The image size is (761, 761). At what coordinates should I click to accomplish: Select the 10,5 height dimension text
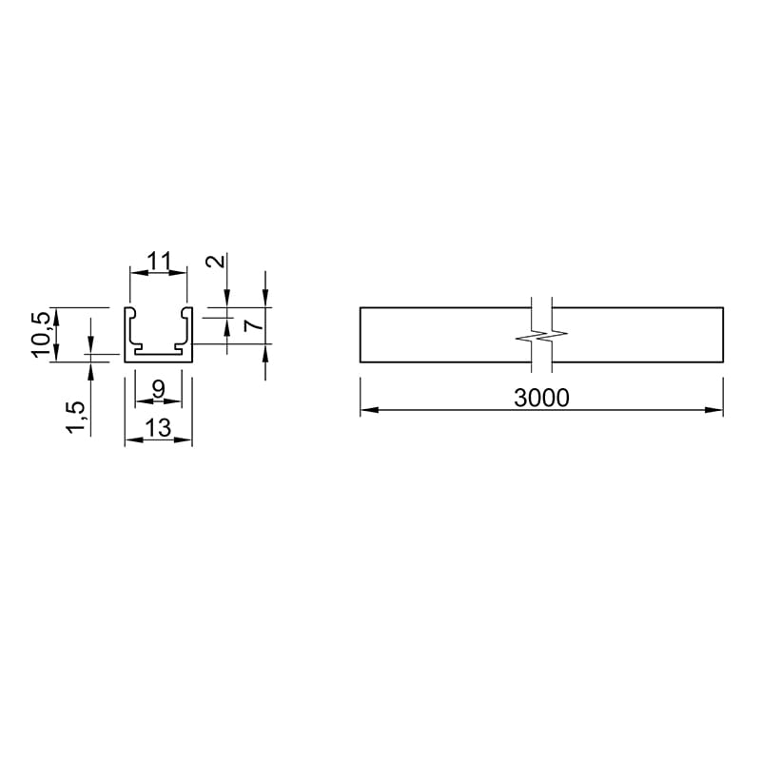coord(41,335)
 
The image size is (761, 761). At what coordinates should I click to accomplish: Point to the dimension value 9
coord(158,389)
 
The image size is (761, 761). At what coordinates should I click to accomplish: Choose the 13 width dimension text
coord(158,428)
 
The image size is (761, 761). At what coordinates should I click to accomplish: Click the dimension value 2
coord(216,262)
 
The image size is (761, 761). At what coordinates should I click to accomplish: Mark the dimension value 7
coord(254,324)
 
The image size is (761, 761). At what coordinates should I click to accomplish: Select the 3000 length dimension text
coord(541,398)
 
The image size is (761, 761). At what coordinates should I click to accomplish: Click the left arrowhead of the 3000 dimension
coord(369,410)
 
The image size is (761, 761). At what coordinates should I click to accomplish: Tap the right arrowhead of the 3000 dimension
coord(714,410)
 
